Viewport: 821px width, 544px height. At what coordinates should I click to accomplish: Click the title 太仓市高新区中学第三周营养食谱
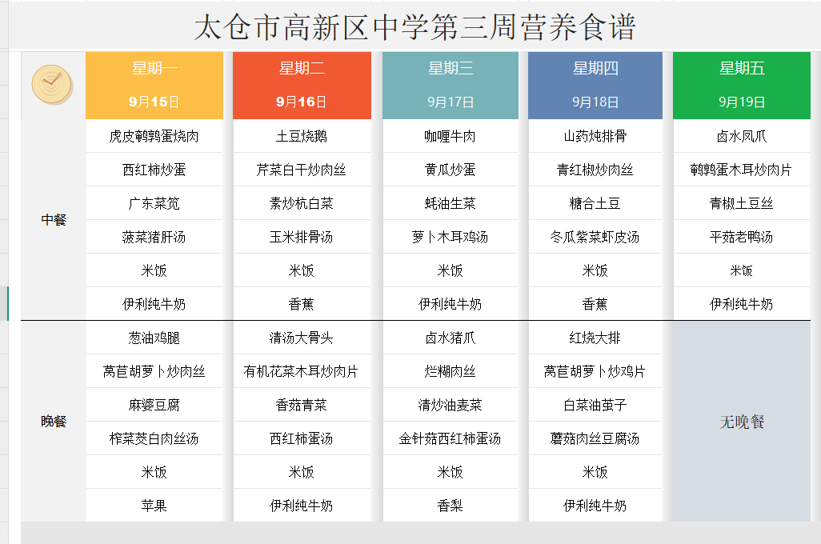click(x=415, y=26)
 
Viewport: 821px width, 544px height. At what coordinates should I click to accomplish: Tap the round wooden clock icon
click(x=52, y=84)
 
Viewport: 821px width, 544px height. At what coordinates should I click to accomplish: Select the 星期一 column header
click(x=154, y=68)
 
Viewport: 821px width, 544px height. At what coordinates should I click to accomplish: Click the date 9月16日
click(x=301, y=102)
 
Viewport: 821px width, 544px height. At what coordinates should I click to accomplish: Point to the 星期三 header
click(x=451, y=68)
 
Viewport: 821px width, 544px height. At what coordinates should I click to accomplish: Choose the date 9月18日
click(x=595, y=102)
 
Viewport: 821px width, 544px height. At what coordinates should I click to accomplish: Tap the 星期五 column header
click(x=742, y=68)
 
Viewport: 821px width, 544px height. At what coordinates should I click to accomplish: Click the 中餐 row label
click(x=54, y=220)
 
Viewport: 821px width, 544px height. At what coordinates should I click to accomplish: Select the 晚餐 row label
click(x=54, y=422)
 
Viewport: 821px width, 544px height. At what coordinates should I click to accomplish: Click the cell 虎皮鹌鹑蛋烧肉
click(x=154, y=136)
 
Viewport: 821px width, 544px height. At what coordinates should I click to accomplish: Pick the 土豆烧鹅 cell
click(x=302, y=136)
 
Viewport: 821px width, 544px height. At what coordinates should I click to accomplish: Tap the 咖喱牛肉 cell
click(x=451, y=136)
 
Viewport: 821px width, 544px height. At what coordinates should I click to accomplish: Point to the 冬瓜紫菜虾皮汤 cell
click(x=595, y=237)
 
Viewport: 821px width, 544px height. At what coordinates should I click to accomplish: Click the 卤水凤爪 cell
click(x=742, y=136)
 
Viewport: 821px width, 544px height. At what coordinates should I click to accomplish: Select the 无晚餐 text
click(x=742, y=422)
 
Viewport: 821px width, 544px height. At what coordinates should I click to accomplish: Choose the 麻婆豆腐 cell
click(x=154, y=405)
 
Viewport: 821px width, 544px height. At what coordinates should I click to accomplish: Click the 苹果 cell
click(x=154, y=506)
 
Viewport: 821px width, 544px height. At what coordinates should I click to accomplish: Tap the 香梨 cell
click(x=451, y=506)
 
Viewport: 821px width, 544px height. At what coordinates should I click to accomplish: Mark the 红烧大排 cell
click(x=595, y=338)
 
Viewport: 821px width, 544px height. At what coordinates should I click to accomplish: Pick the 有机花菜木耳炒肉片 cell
click(x=301, y=371)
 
